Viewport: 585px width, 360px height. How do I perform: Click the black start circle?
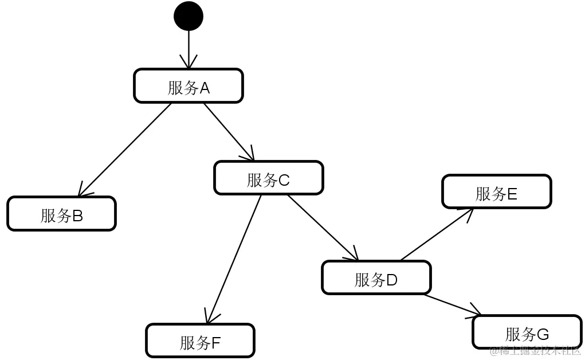(x=189, y=16)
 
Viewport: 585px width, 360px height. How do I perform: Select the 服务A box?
(x=189, y=86)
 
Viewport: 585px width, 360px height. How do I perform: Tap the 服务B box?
(x=61, y=214)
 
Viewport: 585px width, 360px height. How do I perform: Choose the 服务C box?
(x=268, y=178)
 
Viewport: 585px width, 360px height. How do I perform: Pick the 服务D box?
(x=376, y=278)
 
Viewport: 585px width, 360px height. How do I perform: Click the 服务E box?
(x=496, y=192)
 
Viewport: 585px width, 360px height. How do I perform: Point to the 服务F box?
(x=200, y=341)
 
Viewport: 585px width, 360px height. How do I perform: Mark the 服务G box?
(x=527, y=332)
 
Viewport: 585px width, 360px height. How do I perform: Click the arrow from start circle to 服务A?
(x=189, y=49)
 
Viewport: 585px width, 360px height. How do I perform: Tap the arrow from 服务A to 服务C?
(x=229, y=131)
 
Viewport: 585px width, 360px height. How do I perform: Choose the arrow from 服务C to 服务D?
(x=323, y=228)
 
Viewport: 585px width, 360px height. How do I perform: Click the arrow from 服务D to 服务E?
(x=437, y=234)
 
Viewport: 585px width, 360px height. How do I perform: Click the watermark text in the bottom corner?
(x=535, y=351)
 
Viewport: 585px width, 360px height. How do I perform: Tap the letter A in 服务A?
(x=205, y=88)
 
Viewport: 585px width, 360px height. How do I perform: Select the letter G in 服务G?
(x=543, y=334)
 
